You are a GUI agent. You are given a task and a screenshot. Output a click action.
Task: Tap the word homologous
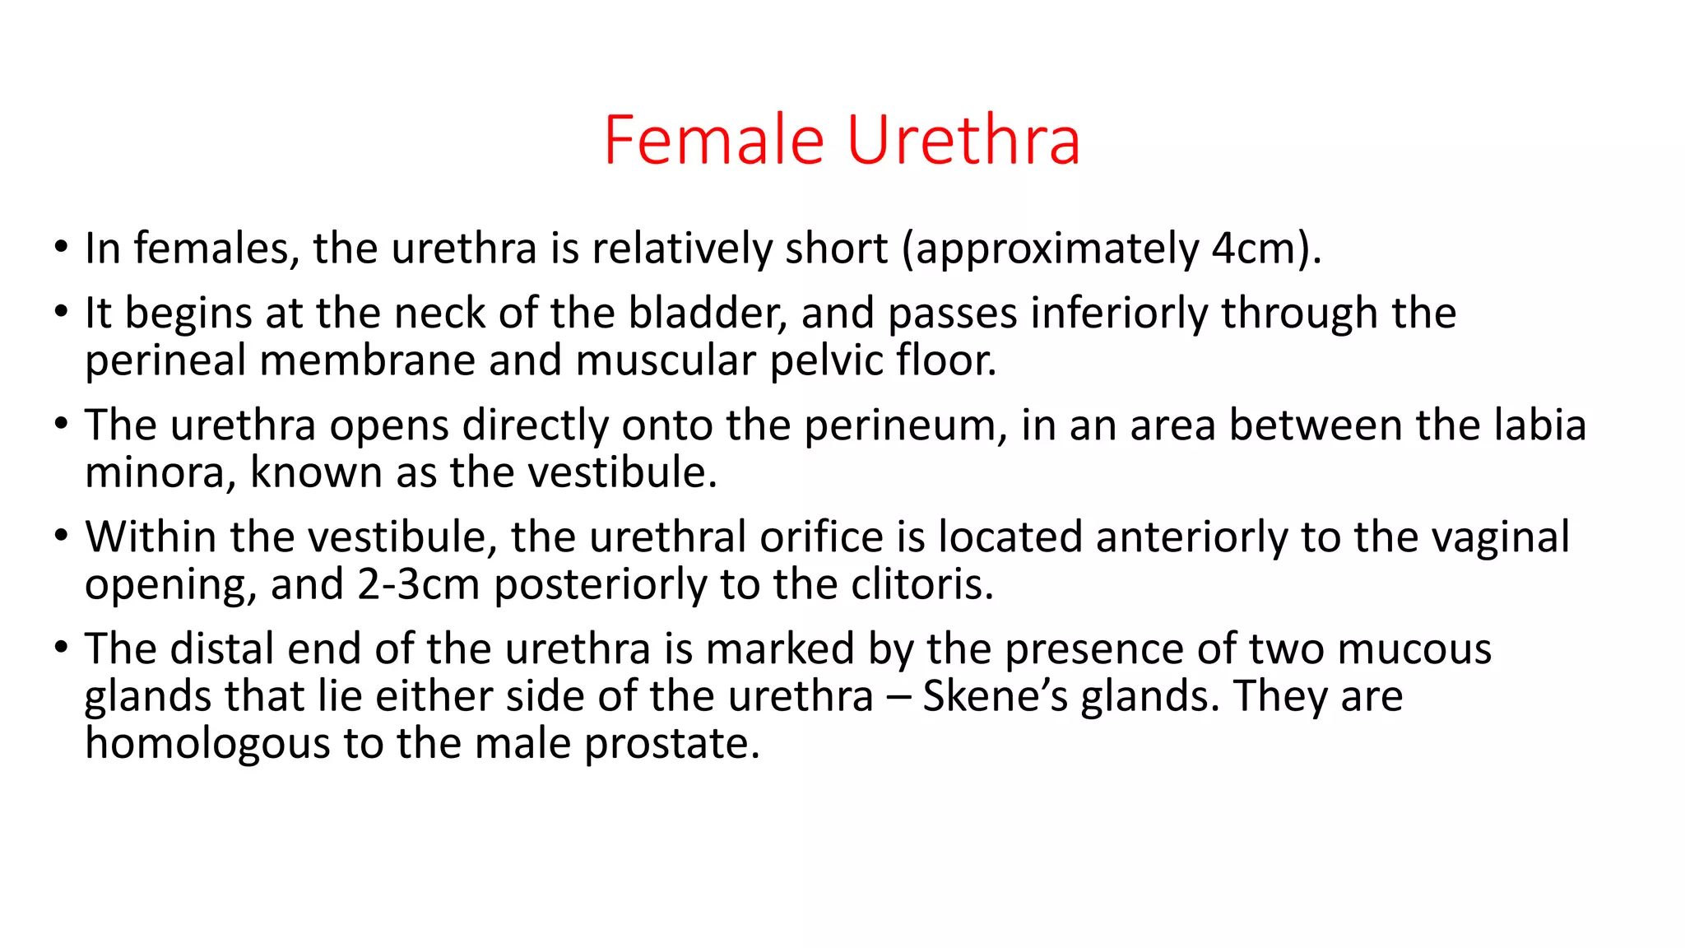207,744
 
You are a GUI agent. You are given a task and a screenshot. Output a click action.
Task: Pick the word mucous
1413,649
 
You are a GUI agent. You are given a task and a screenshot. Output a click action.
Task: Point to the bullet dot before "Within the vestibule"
60,537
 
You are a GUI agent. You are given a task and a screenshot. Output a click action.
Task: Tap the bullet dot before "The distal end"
60,648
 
